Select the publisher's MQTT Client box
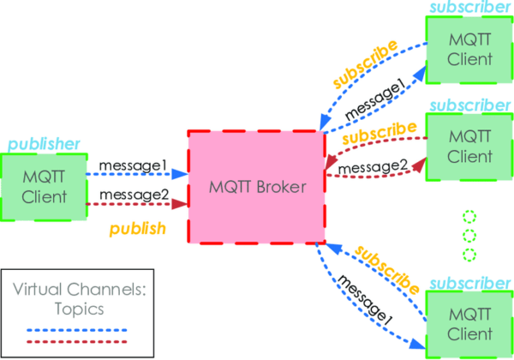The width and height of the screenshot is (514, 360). (x=43, y=187)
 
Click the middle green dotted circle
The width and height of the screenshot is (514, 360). (x=469, y=235)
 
